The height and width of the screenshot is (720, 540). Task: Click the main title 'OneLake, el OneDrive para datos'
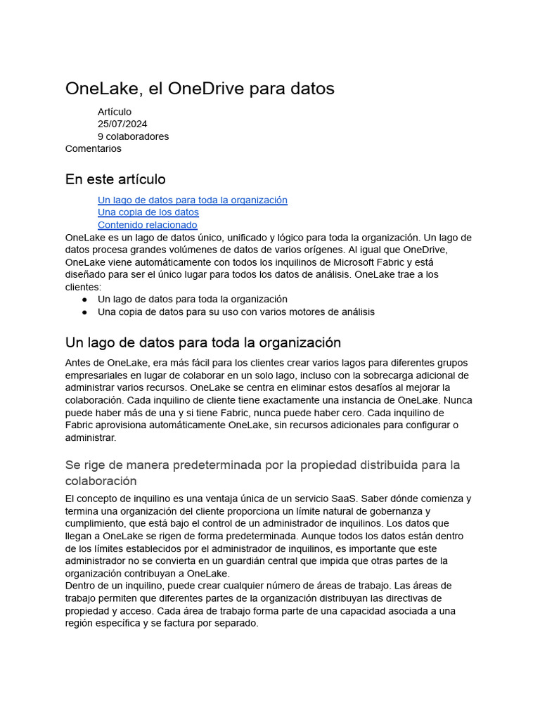pyautogui.click(x=200, y=89)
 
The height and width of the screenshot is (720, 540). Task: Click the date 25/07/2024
pyautogui.click(x=122, y=124)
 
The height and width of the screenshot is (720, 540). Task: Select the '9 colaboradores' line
pyautogui.click(x=133, y=136)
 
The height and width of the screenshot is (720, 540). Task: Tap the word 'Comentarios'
pyautogui.click(x=93, y=148)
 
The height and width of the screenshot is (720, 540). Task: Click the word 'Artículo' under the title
pyautogui.click(x=115, y=112)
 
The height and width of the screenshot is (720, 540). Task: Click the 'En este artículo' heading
pyautogui.click(x=115, y=179)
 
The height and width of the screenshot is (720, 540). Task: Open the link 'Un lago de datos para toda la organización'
pyautogui.click(x=192, y=200)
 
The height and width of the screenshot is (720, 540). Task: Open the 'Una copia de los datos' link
pyautogui.click(x=148, y=212)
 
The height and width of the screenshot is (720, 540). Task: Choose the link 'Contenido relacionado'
pyautogui.click(x=147, y=225)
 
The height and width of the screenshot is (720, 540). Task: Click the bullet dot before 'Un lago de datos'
pyautogui.click(x=85, y=300)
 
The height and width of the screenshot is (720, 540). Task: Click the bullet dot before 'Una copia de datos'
pyautogui.click(x=85, y=312)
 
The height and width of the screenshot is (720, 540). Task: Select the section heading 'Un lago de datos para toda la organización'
pyautogui.click(x=202, y=343)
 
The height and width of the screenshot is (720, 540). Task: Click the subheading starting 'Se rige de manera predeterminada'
pyautogui.click(x=262, y=465)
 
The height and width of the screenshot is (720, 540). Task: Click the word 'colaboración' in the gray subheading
pyautogui.click(x=101, y=482)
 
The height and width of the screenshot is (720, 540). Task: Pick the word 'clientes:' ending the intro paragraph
pyautogui.click(x=83, y=287)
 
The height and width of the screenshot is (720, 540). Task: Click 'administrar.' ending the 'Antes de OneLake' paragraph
pyautogui.click(x=90, y=437)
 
